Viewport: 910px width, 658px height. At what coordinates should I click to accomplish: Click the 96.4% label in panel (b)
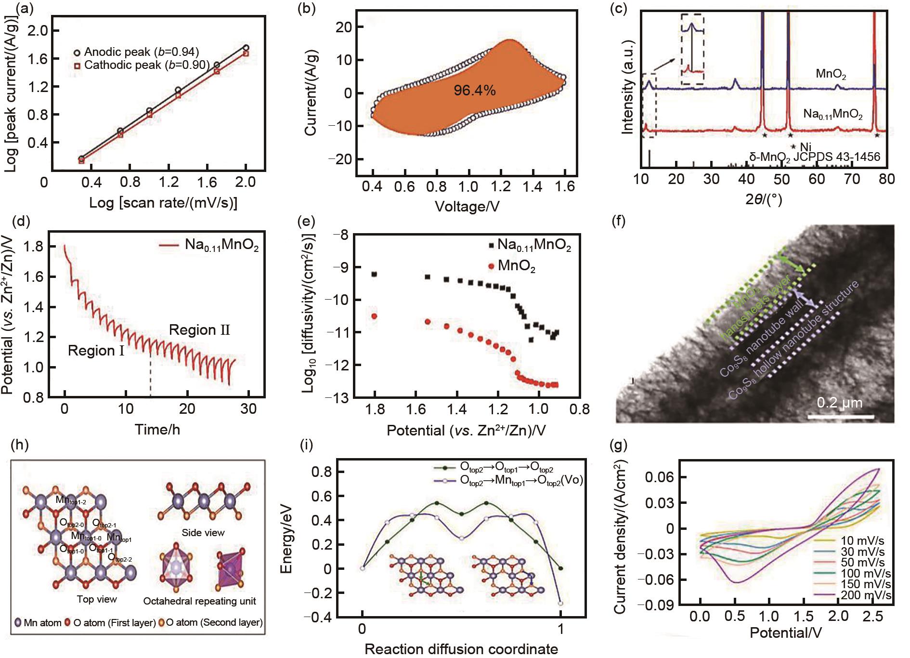click(x=474, y=90)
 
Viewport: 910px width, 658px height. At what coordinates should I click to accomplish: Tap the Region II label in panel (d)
click(x=199, y=330)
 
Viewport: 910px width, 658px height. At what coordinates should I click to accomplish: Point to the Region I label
click(x=96, y=351)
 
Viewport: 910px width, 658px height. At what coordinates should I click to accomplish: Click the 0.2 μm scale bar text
click(x=840, y=403)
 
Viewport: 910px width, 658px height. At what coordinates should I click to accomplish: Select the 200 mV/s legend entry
click(x=865, y=595)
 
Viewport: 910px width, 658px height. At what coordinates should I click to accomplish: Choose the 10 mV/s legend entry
click(x=862, y=540)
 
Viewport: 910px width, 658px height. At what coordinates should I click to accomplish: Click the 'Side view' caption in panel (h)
click(x=203, y=533)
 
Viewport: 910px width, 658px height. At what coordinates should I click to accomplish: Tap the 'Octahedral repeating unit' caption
click(x=200, y=601)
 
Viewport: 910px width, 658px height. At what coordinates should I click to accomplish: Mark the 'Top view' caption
click(x=97, y=599)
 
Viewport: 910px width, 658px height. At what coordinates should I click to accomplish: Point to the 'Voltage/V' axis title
click(x=467, y=207)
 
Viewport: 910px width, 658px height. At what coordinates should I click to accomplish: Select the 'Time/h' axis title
click(x=157, y=430)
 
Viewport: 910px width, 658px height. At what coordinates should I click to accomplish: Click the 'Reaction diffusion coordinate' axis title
click(x=461, y=649)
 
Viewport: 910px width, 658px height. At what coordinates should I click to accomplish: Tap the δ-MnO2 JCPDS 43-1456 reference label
click(x=814, y=157)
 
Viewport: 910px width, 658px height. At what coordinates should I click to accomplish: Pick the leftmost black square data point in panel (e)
click(x=374, y=274)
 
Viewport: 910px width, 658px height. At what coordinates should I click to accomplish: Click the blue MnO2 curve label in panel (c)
click(x=831, y=74)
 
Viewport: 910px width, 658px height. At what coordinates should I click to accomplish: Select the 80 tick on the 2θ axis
click(x=886, y=179)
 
